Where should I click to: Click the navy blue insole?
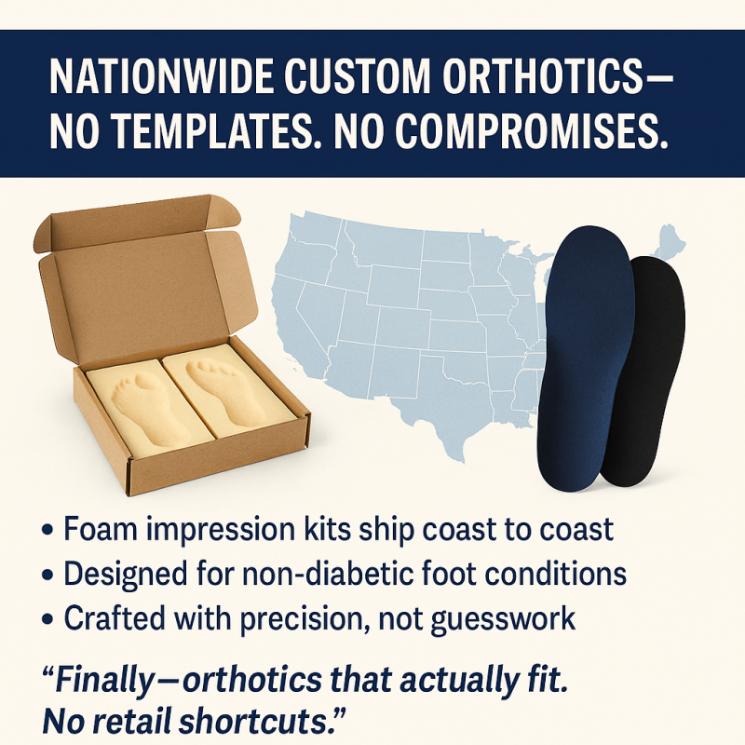pos(587,357)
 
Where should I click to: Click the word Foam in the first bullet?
pos(101,528)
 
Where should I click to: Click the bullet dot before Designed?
pos(47,575)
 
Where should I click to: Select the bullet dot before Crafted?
pos(47,619)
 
